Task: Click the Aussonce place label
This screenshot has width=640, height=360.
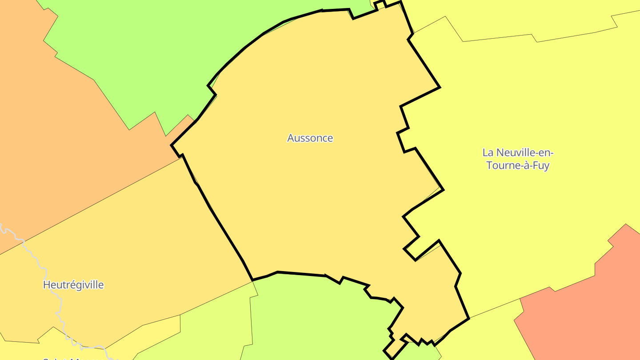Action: point(310,138)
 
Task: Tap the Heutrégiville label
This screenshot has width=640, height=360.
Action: point(73,285)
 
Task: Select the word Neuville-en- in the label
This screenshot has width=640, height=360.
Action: point(525,153)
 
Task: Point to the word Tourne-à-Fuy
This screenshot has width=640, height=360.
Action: point(518,166)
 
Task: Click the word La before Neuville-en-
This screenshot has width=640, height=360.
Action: point(488,153)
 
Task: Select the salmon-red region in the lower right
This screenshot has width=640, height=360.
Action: point(587,311)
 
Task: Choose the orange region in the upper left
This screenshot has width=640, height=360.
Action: point(53,133)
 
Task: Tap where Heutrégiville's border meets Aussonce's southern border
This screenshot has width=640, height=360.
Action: point(252,280)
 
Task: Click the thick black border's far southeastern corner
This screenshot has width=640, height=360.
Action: point(468,318)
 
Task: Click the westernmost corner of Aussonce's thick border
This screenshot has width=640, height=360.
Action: point(172,145)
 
